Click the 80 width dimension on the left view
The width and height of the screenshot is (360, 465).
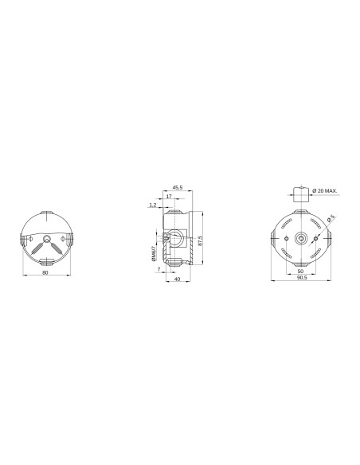click(x=45, y=273)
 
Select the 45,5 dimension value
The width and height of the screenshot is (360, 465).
click(x=177, y=187)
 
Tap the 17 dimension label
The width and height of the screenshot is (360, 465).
click(x=169, y=196)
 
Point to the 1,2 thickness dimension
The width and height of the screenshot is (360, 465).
click(x=152, y=205)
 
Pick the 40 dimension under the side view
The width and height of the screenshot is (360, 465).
click(x=177, y=279)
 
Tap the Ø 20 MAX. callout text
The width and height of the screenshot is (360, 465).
click(x=325, y=191)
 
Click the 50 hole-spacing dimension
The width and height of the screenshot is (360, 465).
click(x=300, y=272)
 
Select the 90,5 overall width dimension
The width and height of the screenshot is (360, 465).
click(x=300, y=279)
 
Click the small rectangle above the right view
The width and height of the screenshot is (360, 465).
click(x=299, y=194)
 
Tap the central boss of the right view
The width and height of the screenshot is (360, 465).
click(x=300, y=239)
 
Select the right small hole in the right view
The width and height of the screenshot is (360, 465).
click(x=316, y=239)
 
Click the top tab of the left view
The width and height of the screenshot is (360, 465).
click(x=46, y=213)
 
